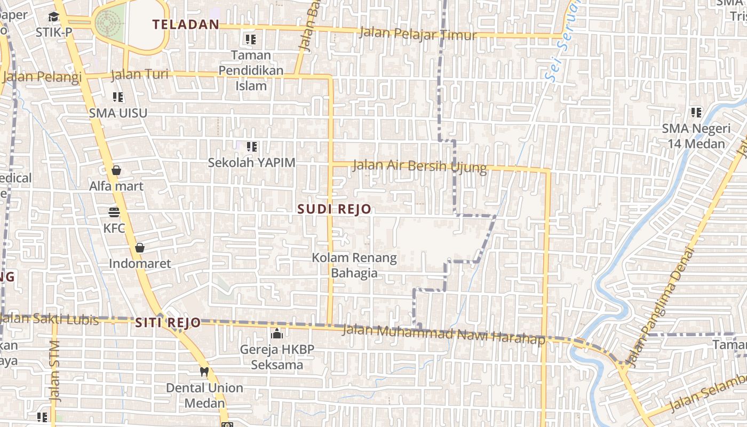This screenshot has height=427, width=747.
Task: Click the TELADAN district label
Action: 186,24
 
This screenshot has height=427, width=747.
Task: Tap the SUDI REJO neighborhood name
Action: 334,209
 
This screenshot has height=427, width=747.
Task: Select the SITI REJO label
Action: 168,322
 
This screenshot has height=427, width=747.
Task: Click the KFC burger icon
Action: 114,212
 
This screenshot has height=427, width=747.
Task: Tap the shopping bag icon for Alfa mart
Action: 116,170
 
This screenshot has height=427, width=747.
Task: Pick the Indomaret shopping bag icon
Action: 140,248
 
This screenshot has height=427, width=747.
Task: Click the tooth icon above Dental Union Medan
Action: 204,372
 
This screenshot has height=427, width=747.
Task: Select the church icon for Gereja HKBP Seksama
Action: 277,334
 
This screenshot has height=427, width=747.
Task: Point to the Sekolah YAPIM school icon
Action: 252,146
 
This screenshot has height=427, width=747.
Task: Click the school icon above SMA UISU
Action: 118,97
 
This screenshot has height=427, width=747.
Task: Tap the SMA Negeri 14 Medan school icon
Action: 696,112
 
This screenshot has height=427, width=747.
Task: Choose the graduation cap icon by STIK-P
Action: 53,17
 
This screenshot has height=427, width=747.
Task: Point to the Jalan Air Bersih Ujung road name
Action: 420,166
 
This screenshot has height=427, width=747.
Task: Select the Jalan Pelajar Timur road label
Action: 418,34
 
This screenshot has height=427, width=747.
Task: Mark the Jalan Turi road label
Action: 140,74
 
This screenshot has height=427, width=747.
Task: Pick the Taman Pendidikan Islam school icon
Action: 251,39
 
